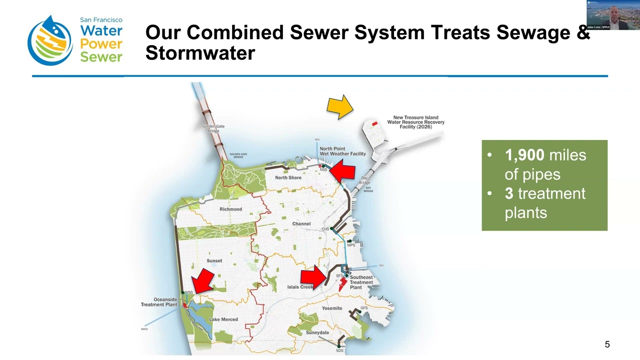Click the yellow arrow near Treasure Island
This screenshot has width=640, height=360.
(340, 107)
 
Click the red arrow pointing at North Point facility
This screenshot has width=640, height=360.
(343, 171)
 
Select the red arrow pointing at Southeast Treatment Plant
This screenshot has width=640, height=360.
(313, 277)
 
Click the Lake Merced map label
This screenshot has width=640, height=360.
(223, 319)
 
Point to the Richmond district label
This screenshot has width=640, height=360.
(230, 209)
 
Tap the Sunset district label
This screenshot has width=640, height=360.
(214, 261)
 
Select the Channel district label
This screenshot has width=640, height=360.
(301, 224)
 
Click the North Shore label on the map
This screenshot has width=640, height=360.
(288, 178)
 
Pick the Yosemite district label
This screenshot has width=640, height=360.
(332, 308)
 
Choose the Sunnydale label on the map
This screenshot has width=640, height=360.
(317, 332)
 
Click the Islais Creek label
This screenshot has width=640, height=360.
(300, 287)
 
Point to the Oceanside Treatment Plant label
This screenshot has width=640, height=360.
(159, 302)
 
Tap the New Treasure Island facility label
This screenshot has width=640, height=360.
(415, 122)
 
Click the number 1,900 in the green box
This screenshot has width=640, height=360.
(524, 155)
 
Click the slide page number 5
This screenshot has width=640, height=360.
(607, 344)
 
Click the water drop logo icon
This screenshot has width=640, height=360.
(50, 41)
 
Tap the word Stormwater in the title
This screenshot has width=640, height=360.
(200, 53)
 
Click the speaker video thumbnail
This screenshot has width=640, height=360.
(613, 15)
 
